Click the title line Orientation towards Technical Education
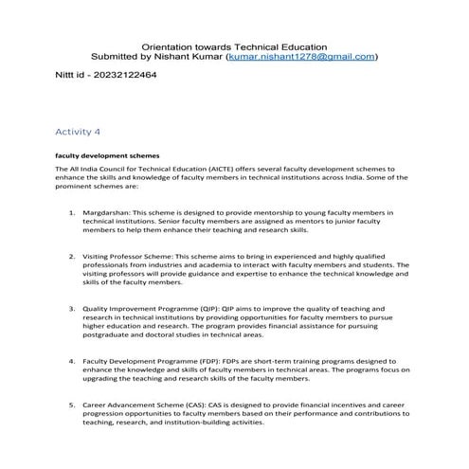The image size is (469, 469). click(x=234, y=45)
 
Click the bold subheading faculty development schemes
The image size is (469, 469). click(x=107, y=154)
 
